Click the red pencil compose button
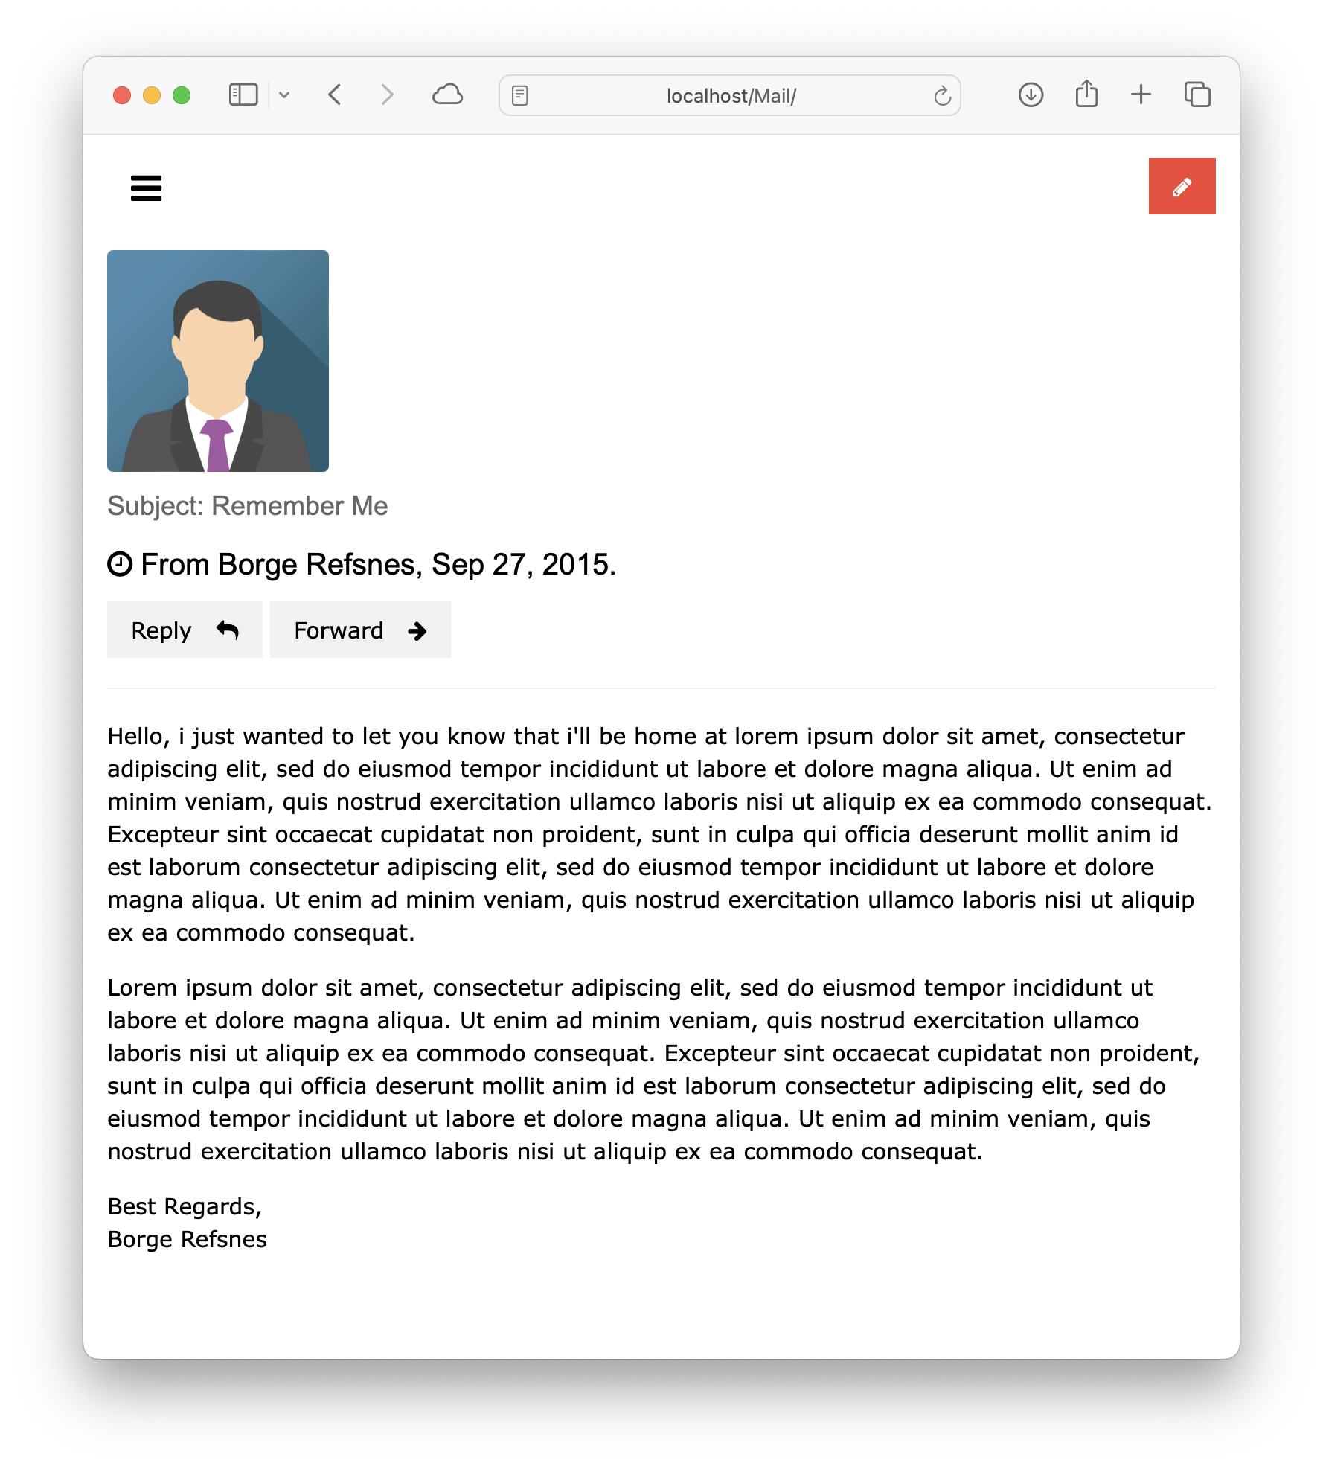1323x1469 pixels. [x=1182, y=186]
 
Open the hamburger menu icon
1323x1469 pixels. [x=146, y=188]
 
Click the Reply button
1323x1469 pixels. [x=185, y=630]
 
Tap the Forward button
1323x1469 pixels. [x=360, y=630]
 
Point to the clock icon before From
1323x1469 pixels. [x=120, y=564]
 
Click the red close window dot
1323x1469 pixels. [x=122, y=95]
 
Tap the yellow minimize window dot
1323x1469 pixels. [x=152, y=95]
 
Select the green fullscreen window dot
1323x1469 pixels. [x=182, y=95]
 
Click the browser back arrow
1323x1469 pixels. [x=335, y=95]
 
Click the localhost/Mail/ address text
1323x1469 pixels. [x=731, y=96]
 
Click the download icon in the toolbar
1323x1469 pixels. [x=1031, y=95]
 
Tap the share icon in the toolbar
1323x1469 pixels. [x=1086, y=95]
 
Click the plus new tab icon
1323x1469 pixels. [x=1141, y=95]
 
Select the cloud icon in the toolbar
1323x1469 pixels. [x=447, y=95]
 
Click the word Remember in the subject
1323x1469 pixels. [x=278, y=506]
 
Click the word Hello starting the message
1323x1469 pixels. [x=138, y=736]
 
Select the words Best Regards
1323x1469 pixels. [x=184, y=1206]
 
